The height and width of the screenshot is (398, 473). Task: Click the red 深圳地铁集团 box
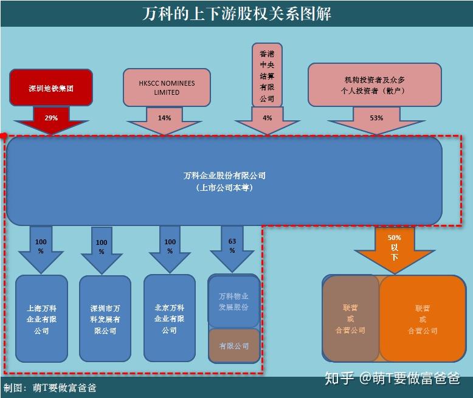click(x=51, y=88)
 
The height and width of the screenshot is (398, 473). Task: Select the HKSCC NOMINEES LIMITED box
click(x=167, y=88)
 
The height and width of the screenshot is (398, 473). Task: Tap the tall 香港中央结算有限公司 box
click(x=267, y=74)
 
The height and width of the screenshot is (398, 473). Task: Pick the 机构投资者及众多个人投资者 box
click(x=375, y=85)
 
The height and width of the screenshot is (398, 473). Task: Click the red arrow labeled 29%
click(x=51, y=120)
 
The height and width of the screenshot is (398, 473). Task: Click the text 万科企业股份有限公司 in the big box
click(x=224, y=176)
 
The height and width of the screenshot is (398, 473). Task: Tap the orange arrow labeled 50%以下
click(x=395, y=247)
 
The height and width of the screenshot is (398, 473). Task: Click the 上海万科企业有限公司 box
click(x=41, y=319)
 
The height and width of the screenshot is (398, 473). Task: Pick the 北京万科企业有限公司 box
click(x=169, y=319)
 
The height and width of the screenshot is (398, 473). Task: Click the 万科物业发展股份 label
click(x=233, y=301)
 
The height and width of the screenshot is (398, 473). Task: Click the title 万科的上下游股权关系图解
click(x=236, y=13)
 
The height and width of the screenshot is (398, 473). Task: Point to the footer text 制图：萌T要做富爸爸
click(x=50, y=388)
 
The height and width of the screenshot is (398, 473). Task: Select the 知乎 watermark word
click(x=339, y=378)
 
